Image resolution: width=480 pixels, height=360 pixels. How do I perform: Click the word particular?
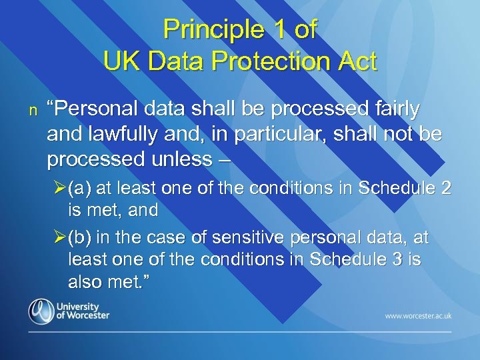click(305, 134)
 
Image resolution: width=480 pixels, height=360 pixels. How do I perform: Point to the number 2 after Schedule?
click(446, 189)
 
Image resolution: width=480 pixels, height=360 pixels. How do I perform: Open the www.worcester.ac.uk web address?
click(417, 315)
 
